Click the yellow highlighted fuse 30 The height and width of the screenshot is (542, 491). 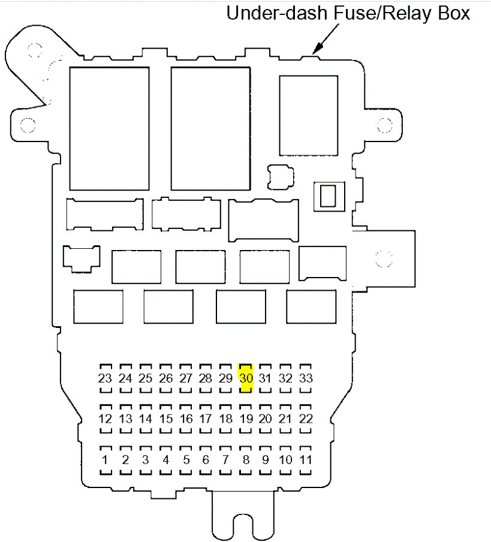click(246, 378)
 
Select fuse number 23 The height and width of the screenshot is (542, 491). click(105, 378)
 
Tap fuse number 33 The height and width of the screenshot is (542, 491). click(306, 378)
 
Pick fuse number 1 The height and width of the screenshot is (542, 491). click(106, 460)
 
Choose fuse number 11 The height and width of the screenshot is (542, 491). click(306, 460)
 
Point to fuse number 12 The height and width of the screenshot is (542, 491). click(105, 419)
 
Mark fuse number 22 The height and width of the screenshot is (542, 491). click(306, 419)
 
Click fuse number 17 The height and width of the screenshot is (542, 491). click(206, 419)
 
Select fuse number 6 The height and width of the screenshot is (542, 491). click(206, 460)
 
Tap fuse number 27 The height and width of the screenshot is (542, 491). click(186, 378)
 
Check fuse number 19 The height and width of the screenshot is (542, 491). click(246, 419)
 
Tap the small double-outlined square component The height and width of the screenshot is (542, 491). click(328, 196)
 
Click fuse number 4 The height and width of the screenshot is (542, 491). click(165, 460)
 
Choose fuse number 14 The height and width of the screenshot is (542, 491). click(146, 419)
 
